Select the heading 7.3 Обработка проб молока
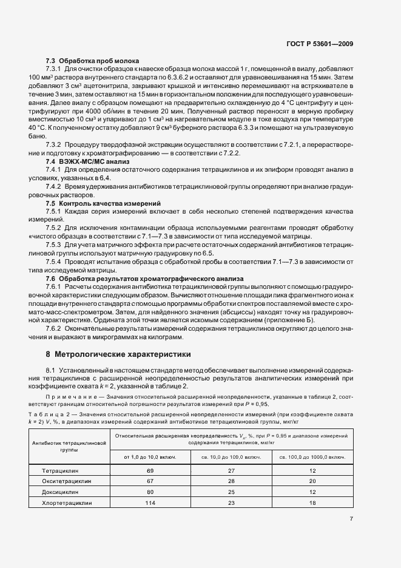click(93, 61)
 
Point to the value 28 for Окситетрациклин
click(231, 481)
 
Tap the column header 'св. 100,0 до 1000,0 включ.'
click(313, 456)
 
